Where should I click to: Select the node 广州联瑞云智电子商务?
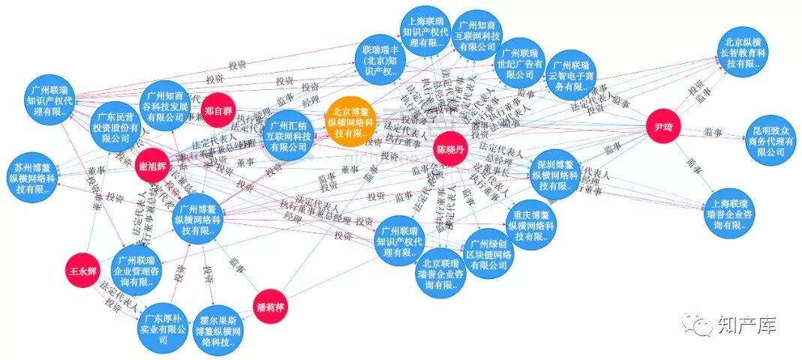(x=571, y=76)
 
